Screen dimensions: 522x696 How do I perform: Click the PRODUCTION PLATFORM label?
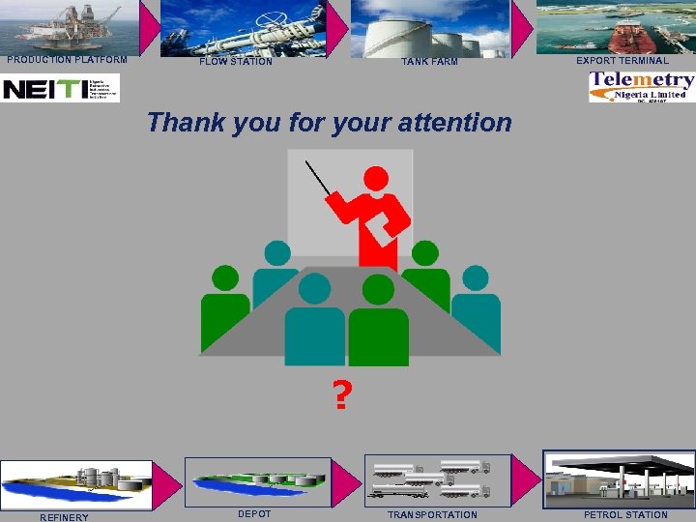coord(67,59)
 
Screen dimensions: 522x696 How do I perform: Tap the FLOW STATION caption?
coord(236,62)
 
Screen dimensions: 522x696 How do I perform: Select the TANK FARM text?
coord(430,62)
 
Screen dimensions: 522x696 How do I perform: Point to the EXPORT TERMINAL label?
coord(622,61)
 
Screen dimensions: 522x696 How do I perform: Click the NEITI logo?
coord(60,89)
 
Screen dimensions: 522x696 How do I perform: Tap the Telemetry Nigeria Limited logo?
coord(642,87)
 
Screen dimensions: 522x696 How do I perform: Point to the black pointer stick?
coord(318,178)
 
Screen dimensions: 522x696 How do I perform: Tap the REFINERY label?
coord(64,517)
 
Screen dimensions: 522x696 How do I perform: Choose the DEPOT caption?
coord(254,513)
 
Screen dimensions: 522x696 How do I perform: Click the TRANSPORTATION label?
coord(432,514)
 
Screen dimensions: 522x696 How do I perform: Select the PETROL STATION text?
coord(624,514)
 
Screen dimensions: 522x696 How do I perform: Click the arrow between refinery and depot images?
coord(168,483)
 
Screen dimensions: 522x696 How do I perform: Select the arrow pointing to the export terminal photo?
coord(522,27)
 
